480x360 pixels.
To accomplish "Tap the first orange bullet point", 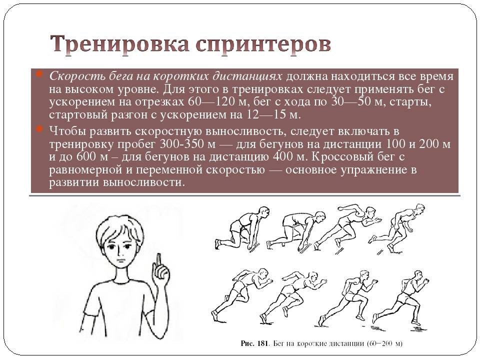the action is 39,74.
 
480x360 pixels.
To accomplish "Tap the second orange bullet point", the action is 39,129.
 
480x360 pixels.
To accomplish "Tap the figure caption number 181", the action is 262,343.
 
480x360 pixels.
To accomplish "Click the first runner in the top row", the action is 242,228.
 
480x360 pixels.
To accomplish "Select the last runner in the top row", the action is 398,228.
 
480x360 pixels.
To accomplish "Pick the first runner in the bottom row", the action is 242,294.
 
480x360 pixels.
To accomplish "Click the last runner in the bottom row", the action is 401,297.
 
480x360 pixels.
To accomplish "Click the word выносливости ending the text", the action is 144,183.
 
